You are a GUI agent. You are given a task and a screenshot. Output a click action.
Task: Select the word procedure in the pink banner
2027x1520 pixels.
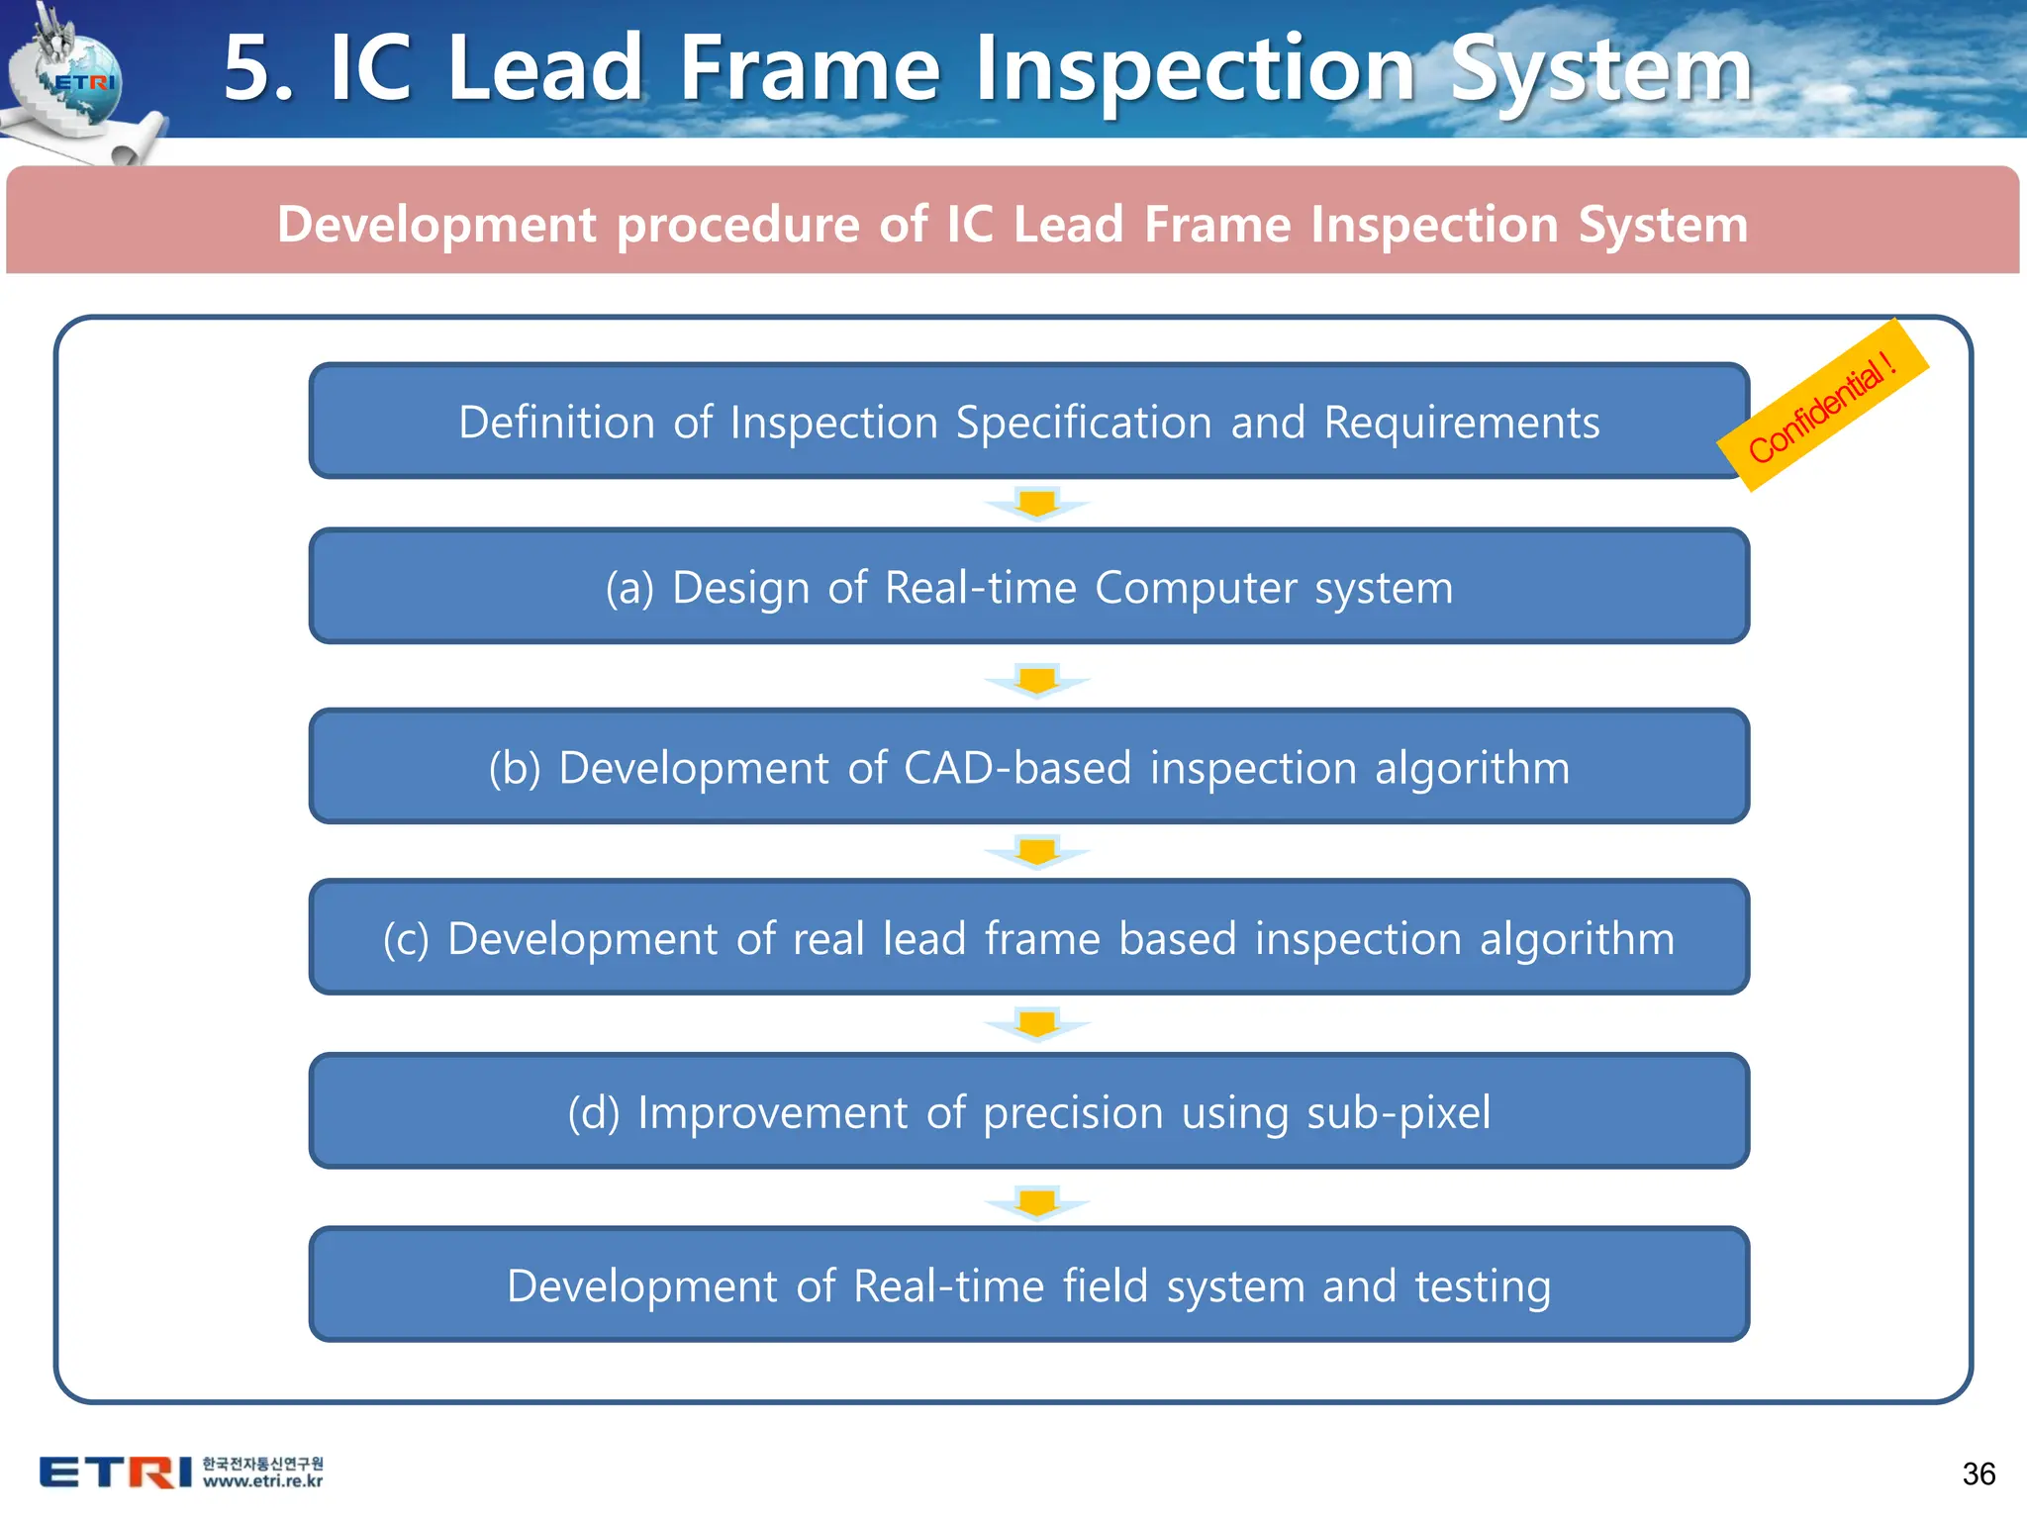coord(738,225)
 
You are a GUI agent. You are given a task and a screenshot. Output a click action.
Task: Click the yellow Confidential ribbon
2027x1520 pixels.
coord(1822,406)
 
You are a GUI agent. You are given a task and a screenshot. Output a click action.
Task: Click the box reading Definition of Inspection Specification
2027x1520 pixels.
coord(1028,422)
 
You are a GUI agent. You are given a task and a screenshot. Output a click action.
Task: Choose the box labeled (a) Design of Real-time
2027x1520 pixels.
coord(1028,587)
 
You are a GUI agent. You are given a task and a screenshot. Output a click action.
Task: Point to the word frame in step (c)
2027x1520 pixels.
coord(1041,938)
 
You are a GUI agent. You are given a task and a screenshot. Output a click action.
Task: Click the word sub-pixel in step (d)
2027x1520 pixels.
coord(1398,1112)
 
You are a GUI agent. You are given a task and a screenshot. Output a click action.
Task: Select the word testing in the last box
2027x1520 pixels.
coord(1482,1286)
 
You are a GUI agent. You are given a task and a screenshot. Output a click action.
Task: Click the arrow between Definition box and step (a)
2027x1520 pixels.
coord(1036,504)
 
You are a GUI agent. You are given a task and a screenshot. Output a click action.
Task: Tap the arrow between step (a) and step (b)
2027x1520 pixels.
coord(1036,681)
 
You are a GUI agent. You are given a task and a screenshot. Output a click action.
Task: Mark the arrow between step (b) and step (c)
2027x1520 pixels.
coord(1036,852)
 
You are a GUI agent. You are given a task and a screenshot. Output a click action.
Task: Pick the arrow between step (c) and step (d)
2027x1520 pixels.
coord(1036,1024)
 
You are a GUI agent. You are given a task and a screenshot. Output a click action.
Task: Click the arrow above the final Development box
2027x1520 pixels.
coord(1036,1202)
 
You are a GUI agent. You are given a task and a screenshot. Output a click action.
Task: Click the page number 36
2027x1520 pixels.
coord(1978,1474)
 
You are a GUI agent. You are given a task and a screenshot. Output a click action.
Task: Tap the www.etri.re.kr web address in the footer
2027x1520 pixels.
coord(262,1481)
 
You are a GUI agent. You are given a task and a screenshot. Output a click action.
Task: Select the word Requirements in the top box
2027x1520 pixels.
coord(1461,423)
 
